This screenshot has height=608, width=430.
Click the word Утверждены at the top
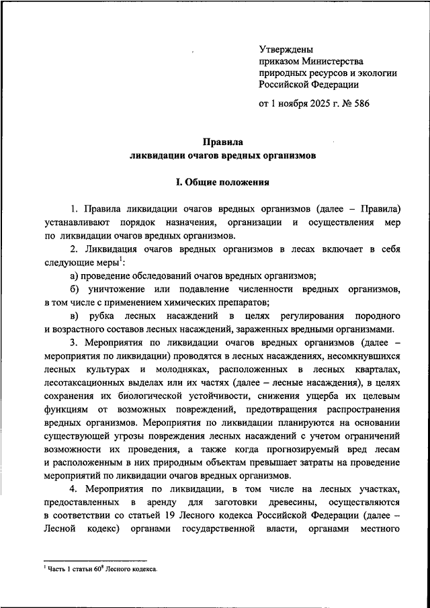(286, 49)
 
